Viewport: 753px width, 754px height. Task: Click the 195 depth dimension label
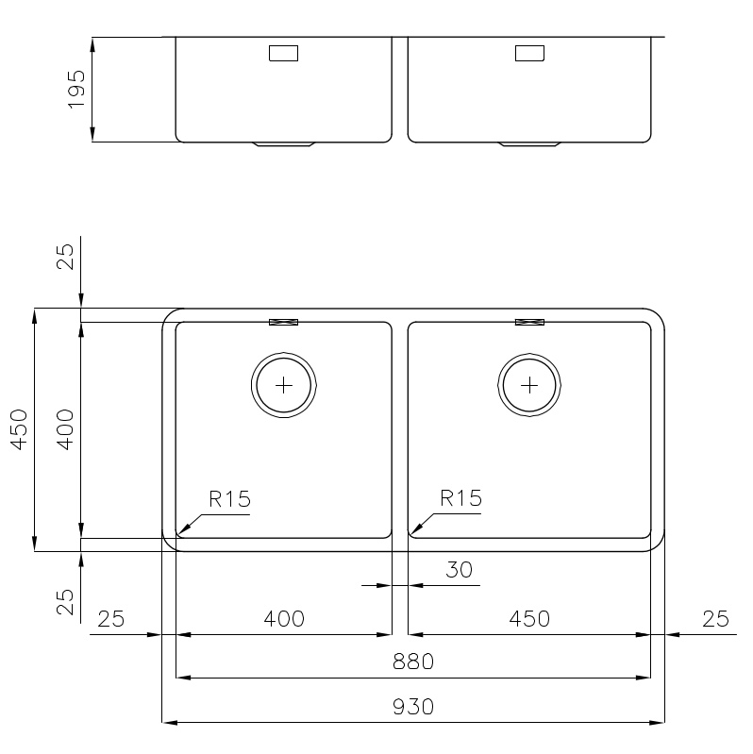pyautogui.click(x=77, y=90)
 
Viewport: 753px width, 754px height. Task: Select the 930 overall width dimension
pyautogui.click(x=413, y=707)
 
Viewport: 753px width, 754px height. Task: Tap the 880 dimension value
pyautogui.click(x=413, y=662)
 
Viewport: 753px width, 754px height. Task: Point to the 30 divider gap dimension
pyautogui.click(x=460, y=570)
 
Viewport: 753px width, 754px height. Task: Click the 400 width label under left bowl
pyautogui.click(x=284, y=619)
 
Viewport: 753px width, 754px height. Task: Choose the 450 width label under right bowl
pyautogui.click(x=529, y=619)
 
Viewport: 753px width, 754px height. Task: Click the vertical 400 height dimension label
pyautogui.click(x=66, y=429)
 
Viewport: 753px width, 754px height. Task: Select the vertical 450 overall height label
pyautogui.click(x=20, y=429)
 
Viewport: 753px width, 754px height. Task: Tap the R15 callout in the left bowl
pyautogui.click(x=230, y=499)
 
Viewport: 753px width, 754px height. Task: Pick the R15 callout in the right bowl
pyautogui.click(x=461, y=498)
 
